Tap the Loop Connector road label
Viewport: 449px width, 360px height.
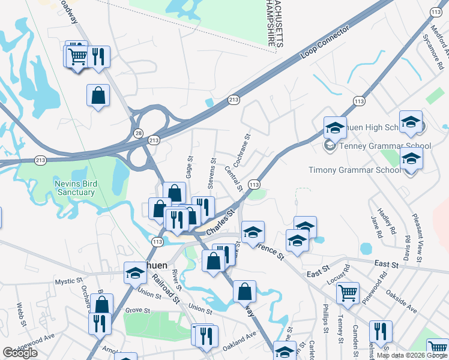pos(325,42)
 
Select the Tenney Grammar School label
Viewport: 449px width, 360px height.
pos(377,146)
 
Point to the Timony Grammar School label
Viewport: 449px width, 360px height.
pos(354,170)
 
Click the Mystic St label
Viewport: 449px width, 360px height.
pos(68,281)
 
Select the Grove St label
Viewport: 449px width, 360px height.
pos(137,310)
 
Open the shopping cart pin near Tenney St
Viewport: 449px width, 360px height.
pos(348,293)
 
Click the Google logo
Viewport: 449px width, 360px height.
pos(20,353)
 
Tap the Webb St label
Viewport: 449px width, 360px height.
pos(21,314)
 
